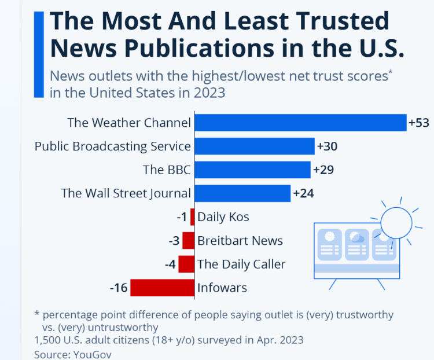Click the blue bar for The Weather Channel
pyautogui.click(x=300, y=123)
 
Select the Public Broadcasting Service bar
pyautogui.click(x=254, y=146)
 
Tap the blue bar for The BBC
pyautogui.click(x=252, y=170)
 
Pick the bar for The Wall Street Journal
pyautogui.click(x=242, y=193)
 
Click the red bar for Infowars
pyautogui.click(x=162, y=288)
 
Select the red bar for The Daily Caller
pyautogui.click(x=186, y=265)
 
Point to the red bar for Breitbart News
pyautogui.click(x=188, y=241)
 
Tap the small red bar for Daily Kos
pyautogui.click(x=192, y=217)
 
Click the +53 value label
pyautogui.click(x=418, y=123)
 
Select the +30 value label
pyautogui.click(x=327, y=146)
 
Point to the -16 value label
pyautogui.click(x=119, y=288)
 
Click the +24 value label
pyautogui.click(x=303, y=193)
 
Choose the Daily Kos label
pyautogui.click(x=223, y=217)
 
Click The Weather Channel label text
pyautogui.click(x=129, y=123)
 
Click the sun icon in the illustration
pyautogui.click(x=395, y=221)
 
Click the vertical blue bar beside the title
pyautogui.click(x=39, y=54)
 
